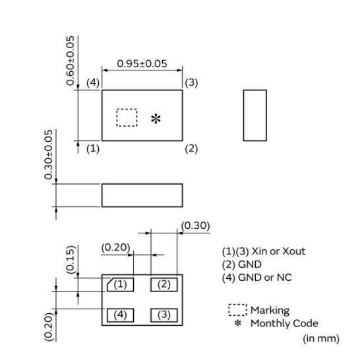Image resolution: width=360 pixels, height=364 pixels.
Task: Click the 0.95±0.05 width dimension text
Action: [x=142, y=63]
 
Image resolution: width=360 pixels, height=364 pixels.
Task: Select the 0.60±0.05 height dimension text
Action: [x=70, y=61]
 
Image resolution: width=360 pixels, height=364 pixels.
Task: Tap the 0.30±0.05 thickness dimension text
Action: [x=48, y=154]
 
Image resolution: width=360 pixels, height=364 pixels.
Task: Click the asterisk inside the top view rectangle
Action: [x=156, y=119]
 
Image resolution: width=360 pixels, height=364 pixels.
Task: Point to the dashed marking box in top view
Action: [x=127, y=109]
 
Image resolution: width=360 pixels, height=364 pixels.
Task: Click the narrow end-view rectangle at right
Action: [x=255, y=90]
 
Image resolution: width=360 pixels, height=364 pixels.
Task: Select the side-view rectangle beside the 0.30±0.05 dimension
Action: [x=142, y=184]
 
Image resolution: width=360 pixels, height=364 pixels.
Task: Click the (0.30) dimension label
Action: [x=195, y=226]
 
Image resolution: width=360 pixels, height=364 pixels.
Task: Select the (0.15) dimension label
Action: [x=71, y=260]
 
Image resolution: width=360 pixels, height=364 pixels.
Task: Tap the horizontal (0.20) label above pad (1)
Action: [x=115, y=247]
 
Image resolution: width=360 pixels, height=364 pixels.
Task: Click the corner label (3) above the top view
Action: [x=191, y=83]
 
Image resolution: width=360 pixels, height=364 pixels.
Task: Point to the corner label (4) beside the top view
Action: [x=93, y=83]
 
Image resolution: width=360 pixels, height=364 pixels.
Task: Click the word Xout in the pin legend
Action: [x=294, y=251]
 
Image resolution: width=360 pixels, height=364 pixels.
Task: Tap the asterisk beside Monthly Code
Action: [x=237, y=323]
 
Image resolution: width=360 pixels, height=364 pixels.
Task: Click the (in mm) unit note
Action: [x=321, y=338]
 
